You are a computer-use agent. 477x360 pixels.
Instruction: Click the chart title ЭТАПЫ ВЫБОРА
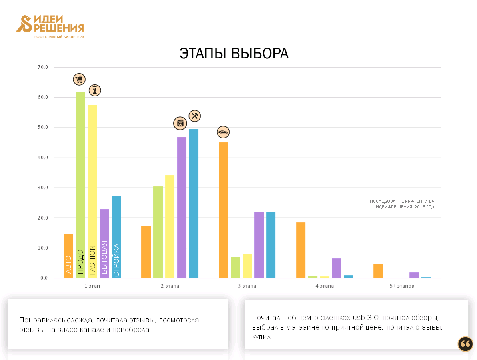pyautogui.click(x=234, y=54)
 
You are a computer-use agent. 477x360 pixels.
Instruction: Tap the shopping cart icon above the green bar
pyautogui.click(x=79, y=79)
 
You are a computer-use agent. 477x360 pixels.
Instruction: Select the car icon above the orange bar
pyautogui.click(x=223, y=132)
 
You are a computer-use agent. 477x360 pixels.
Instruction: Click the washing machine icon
pyautogui.click(x=180, y=123)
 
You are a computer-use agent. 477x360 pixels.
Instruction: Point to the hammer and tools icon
pyautogui.click(x=194, y=116)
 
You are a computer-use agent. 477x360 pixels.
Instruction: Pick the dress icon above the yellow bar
pyautogui.click(x=94, y=90)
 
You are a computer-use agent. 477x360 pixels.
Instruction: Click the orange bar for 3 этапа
pyautogui.click(x=223, y=210)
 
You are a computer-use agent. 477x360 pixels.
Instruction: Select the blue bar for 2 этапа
pyautogui.click(x=194, y=204)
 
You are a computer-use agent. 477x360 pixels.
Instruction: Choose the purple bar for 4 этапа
pyautogui.click(x=336, y=268)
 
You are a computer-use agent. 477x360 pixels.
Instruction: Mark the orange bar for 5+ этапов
pyautogui.click(x=378, y=271)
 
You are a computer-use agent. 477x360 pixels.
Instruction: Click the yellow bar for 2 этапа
pyautogui.click(x=170, y=226)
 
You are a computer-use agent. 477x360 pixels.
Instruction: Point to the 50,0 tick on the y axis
pyautogui.click(x=43, y=127)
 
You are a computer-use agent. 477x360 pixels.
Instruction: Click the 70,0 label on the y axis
pyautogui.click(x=43, y=67)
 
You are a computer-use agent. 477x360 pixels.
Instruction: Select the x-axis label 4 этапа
pyautogui.click(x=325, y=286)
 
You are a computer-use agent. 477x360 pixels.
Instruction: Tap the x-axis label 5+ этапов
pyautogui.click(x=402, y=286)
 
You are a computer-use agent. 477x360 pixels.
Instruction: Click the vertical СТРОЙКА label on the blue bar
pyautogui.click(x=116, y=260)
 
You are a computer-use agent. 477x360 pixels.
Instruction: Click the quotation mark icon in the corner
pyautogui.click(x=465, y=344)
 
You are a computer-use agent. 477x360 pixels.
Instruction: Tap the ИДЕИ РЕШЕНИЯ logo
pyautogui.click(x=50, y=26)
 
